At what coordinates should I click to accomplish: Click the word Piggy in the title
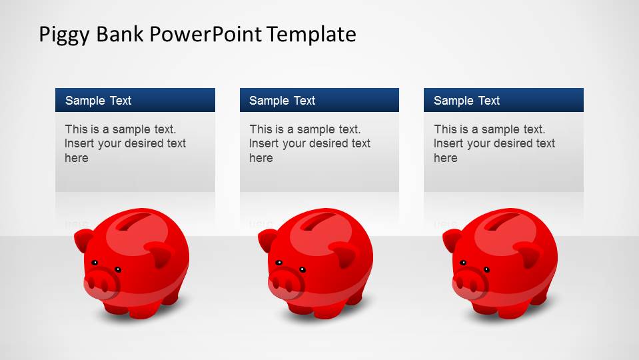tap(64, 35)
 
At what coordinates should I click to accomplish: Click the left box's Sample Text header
tap(98, 101)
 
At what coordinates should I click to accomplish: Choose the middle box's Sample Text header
tap(282, 101)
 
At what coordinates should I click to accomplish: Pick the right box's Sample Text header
tap(466, 101)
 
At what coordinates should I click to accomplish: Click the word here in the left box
tap(77, 158)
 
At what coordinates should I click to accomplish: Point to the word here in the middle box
tap(261, 158)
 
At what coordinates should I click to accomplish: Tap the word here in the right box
tap(446, 158)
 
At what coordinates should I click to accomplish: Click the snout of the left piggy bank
tap(101, 281)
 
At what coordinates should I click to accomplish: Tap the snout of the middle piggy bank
tap(285, 281)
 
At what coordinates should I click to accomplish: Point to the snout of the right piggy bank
tap(469, 281)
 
